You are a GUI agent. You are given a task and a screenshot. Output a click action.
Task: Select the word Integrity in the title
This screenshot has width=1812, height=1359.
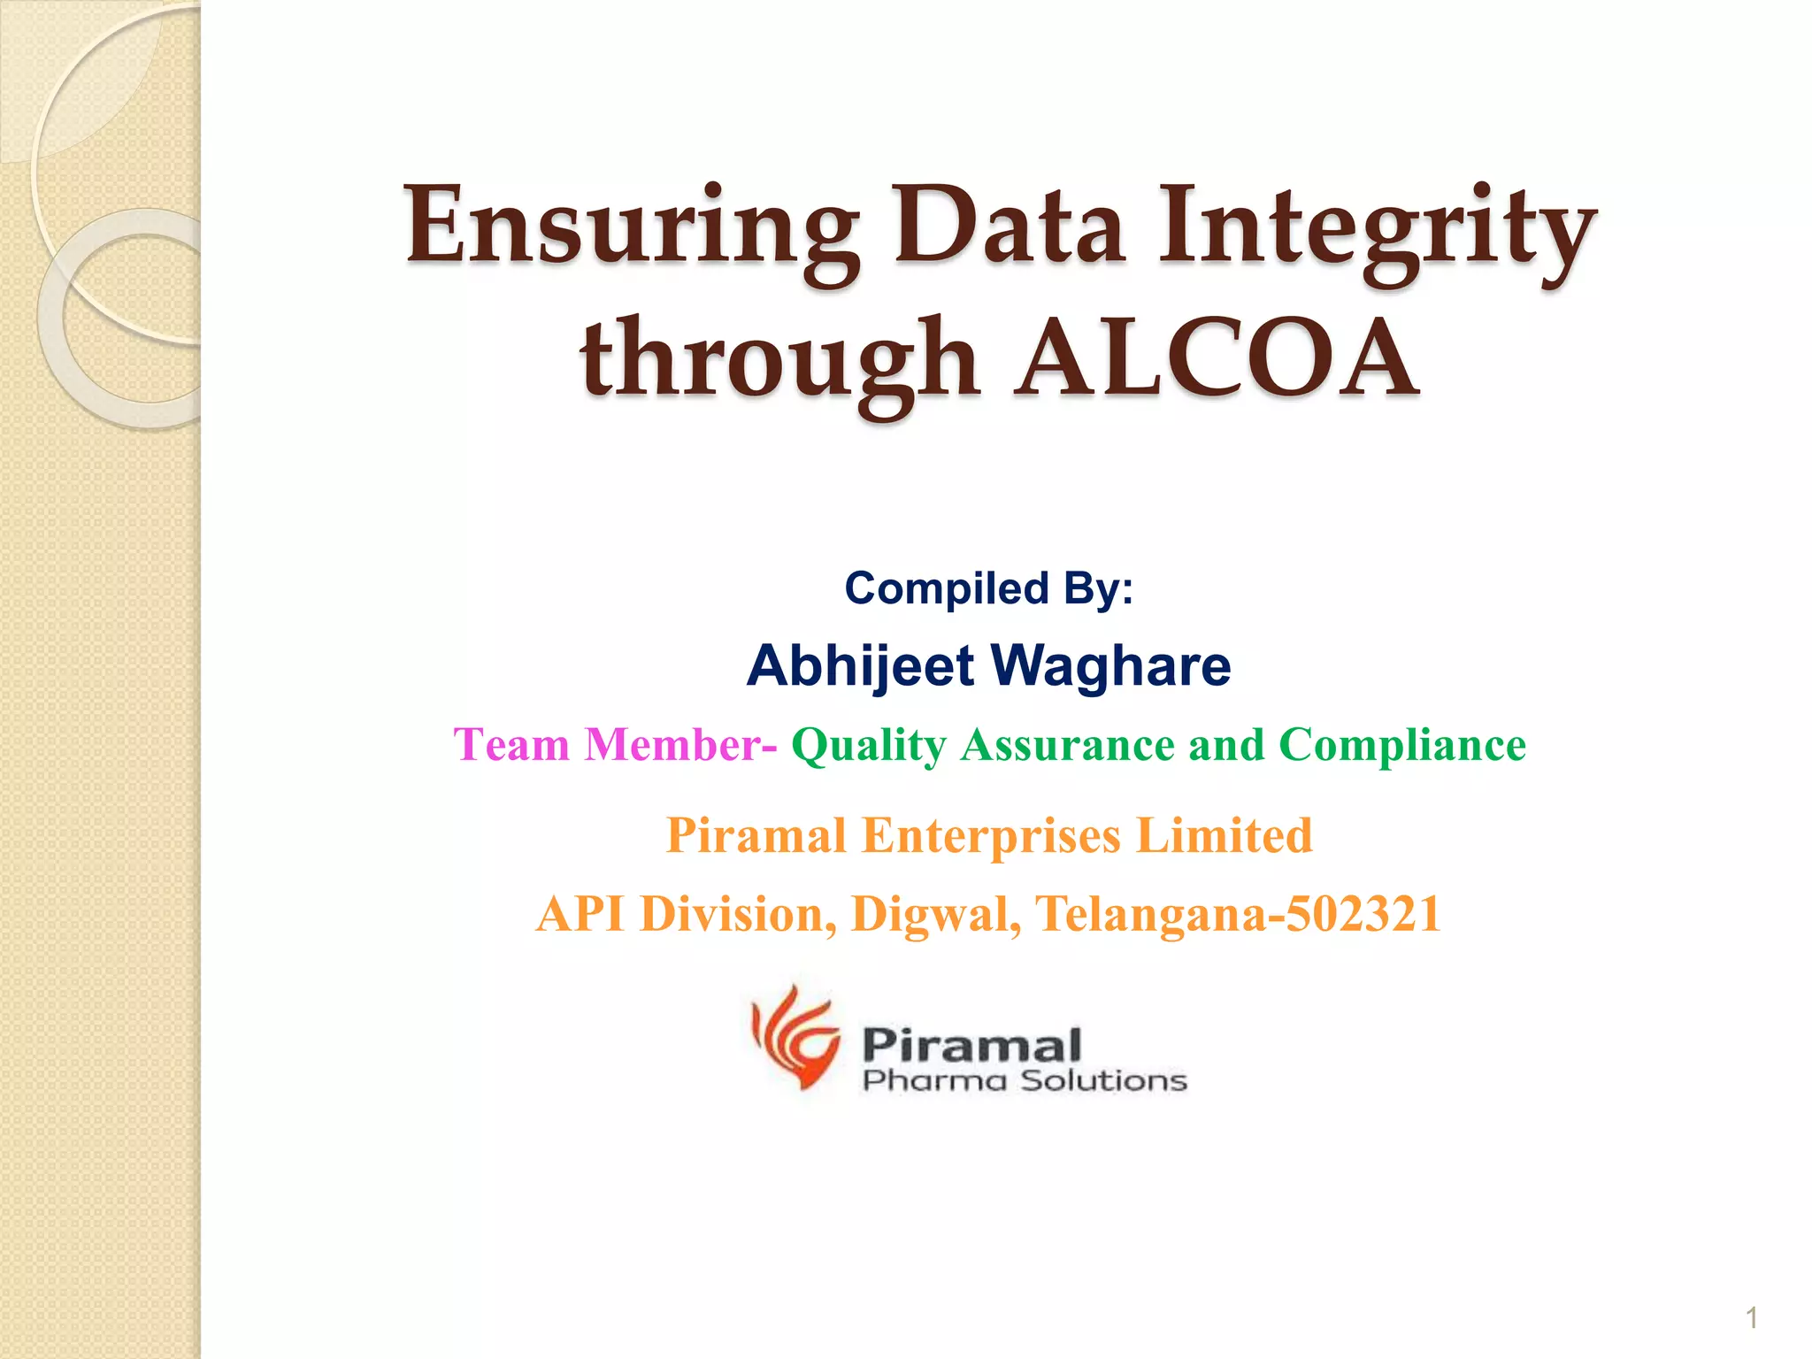(1377, 228)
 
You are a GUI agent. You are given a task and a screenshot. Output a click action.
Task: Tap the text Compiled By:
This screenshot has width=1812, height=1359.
(988, 588)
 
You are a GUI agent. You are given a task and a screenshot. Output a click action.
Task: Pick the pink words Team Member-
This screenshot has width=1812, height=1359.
(616, 744)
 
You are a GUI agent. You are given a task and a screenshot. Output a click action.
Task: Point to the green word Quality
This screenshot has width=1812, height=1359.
(869, 745)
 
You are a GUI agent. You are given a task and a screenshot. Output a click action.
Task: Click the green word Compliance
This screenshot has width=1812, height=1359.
(1402, 745)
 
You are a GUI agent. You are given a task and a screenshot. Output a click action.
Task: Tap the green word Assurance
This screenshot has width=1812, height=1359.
(1068, 745)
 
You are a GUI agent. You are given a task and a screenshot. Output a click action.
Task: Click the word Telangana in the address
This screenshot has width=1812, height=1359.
(1150, 914)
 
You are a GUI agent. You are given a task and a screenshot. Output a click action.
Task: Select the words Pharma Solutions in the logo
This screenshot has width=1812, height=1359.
(1025, 1080)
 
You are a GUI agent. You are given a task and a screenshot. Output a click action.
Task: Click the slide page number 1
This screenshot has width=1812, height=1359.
(1751, 1318)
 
